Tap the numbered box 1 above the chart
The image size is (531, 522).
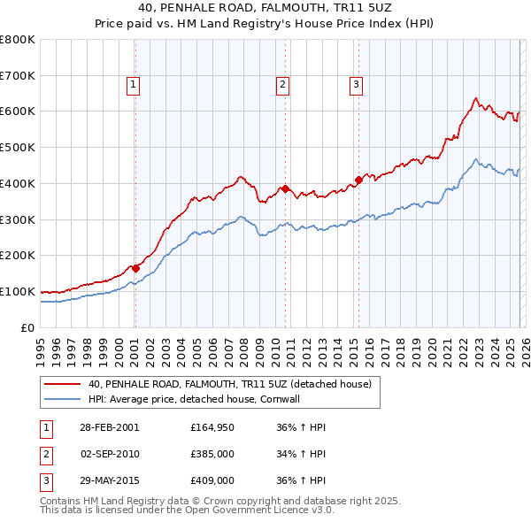pyautogui.click(x=133, y=85)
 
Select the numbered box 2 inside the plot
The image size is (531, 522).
pyautogui.click(x=282, y=85)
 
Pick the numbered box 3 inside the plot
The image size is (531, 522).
pyautogui.click(x=356, y=85)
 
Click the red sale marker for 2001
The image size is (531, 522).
pyautogui.click(x=136, y=268)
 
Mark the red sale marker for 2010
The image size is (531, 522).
pyautogui.click(x=285, y=188)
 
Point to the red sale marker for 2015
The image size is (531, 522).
pyautogui.click(x=358, y=180)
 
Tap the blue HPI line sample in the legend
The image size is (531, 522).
pyautogui.click(x=62, y=399)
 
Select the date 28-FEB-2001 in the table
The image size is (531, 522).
pyautogui.click(x=109, y=427)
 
